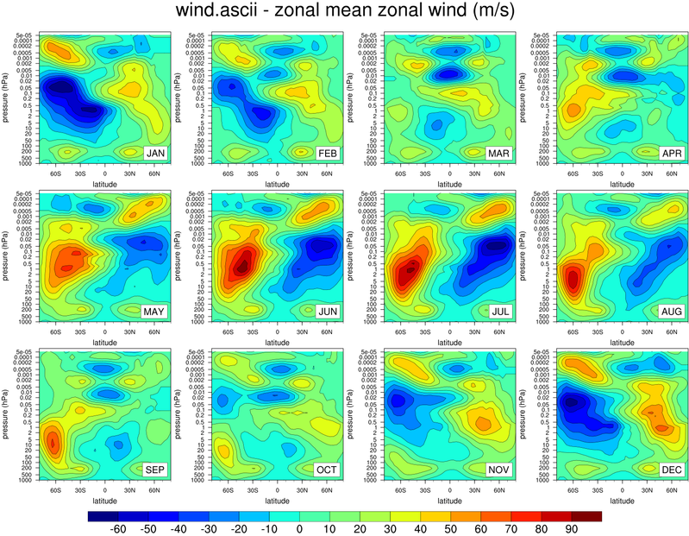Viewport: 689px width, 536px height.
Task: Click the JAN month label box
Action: [x=155, y=153]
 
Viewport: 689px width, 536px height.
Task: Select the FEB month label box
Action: [x=328, y=153]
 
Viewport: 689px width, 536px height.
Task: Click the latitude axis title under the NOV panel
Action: [x=450, y=500]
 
